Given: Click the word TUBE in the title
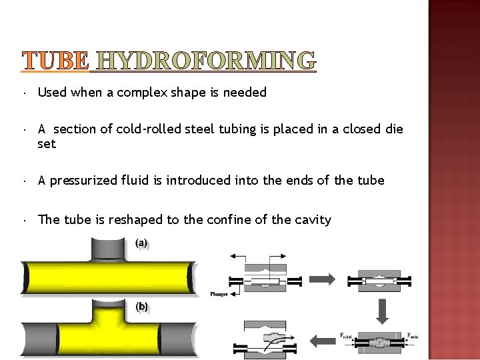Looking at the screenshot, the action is [x=55, y=61].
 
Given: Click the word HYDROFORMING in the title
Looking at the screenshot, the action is [x=206, y=61].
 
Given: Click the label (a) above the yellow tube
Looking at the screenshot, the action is [x=142, y=243].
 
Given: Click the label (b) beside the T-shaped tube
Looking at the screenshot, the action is [x=142, y=307].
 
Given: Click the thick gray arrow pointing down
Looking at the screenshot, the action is [x=382, y=310].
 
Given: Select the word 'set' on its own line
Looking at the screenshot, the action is [x=47, y=144].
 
